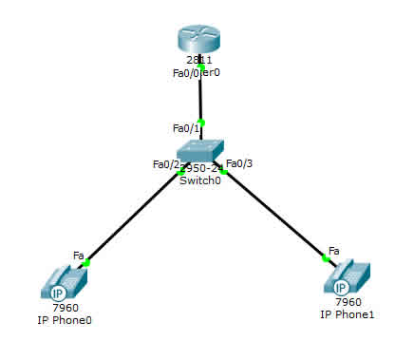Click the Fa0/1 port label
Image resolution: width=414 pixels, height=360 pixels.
point(185,128)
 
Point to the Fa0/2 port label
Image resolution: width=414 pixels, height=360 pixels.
point(164,164)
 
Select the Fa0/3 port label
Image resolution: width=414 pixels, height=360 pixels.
point(239,163)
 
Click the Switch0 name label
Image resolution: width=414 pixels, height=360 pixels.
point(199,180)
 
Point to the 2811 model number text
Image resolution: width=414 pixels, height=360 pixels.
point(200,60)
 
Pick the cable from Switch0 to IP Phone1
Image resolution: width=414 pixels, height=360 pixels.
point(275,215)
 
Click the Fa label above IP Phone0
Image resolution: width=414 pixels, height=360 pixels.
point(79,255)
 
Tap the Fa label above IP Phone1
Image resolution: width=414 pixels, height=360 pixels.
point(333,251)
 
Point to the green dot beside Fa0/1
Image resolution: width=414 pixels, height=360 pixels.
point(201,121)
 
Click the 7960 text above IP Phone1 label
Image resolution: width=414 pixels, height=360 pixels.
point(348,301)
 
